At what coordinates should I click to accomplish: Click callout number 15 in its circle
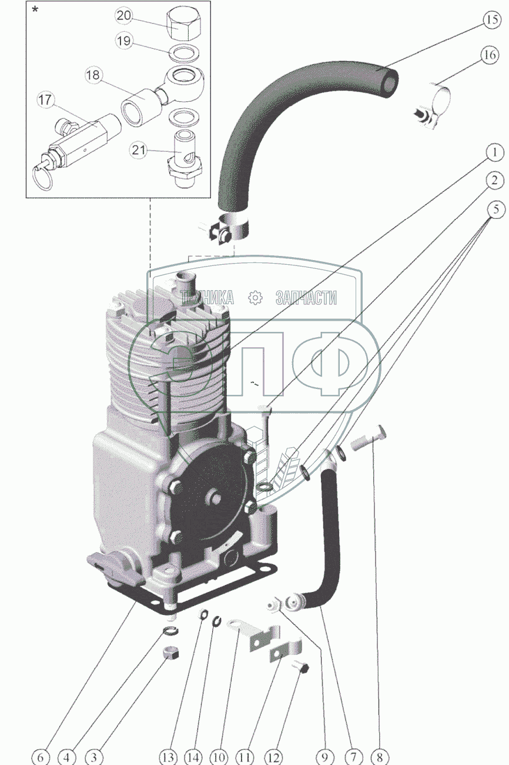(x=491, y=20)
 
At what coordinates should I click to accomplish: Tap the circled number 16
(x=490, y=55)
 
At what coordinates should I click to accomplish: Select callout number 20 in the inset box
(x=124, y=16)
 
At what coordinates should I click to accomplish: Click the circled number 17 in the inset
(x=45, y=100)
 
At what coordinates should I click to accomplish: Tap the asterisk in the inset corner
(x=35, y=9)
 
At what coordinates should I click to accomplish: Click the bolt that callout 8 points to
(x=369, y=438)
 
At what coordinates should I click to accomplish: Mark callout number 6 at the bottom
(x=41, y=756)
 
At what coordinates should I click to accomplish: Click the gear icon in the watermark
(x=256, y=297)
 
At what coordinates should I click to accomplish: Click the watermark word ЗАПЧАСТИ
(x=306, y=298)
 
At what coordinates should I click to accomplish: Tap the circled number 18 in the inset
(x=93, y=75)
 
